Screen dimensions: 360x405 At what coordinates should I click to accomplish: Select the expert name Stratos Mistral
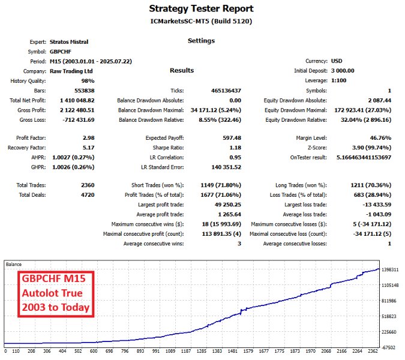point(70,42)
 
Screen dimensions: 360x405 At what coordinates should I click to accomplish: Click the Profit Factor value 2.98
point(89,138)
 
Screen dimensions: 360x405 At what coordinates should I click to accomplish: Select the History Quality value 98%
point(88,80)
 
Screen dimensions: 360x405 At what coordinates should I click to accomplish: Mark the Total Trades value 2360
point(86,185)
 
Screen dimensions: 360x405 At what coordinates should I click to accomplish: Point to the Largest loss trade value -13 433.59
point(373,205)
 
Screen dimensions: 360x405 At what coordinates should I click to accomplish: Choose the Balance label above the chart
point(15,264)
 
